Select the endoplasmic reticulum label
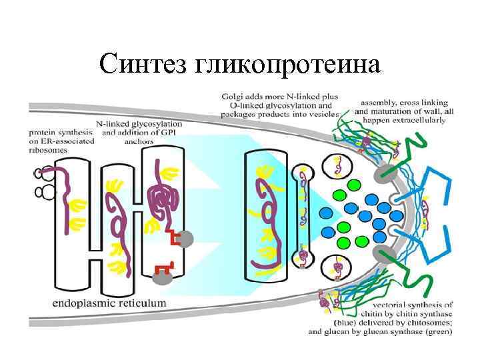tap(109, 303)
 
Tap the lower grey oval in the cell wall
tap(382, 253)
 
